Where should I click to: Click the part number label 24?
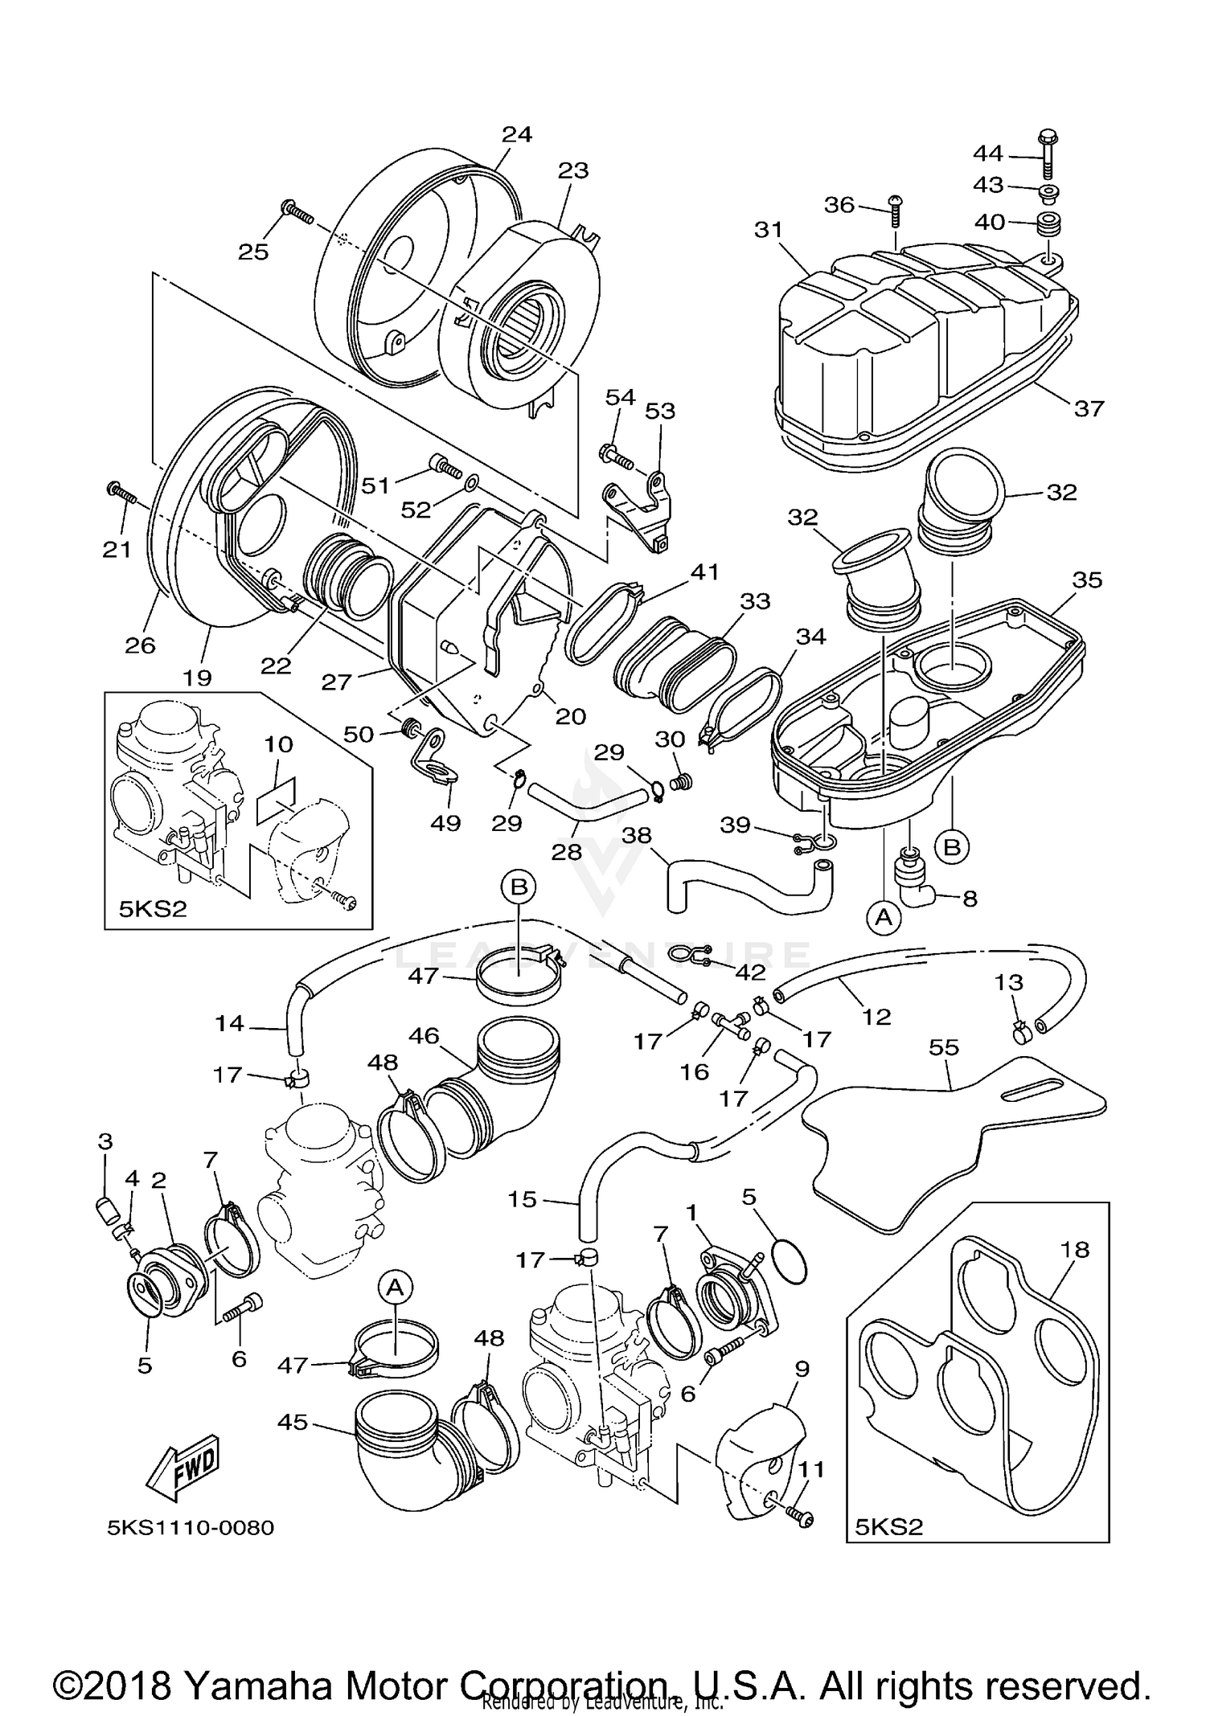click(x=517, y=134)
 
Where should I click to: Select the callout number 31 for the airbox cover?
click(x=769, y=230)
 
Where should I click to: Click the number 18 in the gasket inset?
click(x=1075, y=1250)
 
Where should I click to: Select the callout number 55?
click(x=944, y=1047)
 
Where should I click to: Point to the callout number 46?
click(x=424, y=1036)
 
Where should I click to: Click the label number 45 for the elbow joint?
click(x=292, y=1423)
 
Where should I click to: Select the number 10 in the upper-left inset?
click(x=278, y=744)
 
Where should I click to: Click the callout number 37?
click(x=1089, y=408)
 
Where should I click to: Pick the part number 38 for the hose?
click(x=637, y=835)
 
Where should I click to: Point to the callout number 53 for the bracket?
click(x=660, y=411)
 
